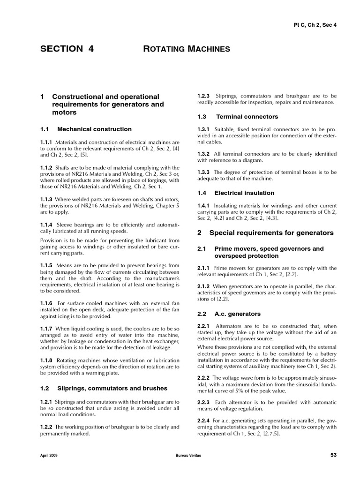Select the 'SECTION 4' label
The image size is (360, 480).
(x=67, y=48)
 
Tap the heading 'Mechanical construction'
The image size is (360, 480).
(x=94, y=129)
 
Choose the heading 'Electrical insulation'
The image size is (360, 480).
(x=244, y=193)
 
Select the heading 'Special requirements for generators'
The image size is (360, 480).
(x=271, y=232)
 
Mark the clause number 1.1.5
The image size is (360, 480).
(x=46, y=265)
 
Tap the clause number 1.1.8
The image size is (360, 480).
(x=46, y=360)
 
